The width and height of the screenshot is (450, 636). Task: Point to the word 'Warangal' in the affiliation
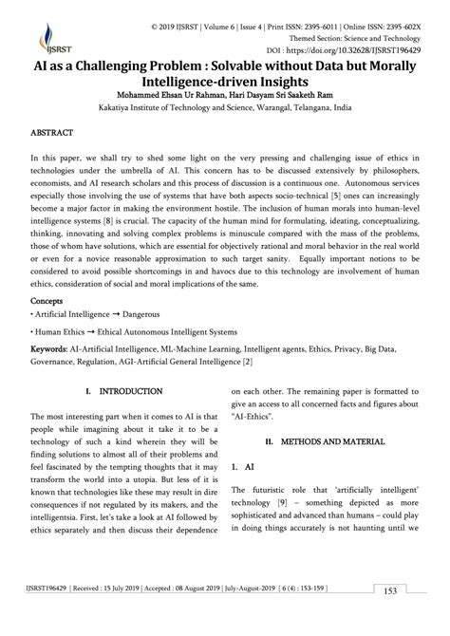[284, 108]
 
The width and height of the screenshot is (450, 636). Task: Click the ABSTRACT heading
[55, 136]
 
